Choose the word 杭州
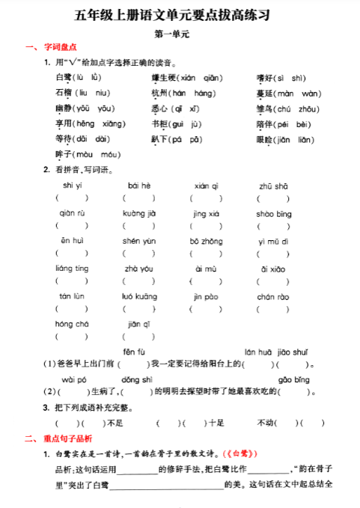[x=160, y=93]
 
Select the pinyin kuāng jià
[x=138, y=213]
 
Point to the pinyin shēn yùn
[x=138, y=241]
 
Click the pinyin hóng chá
[x=72, y=324]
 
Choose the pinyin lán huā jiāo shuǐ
[x=276, y=352]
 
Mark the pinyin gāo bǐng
[x=293, y=379]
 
